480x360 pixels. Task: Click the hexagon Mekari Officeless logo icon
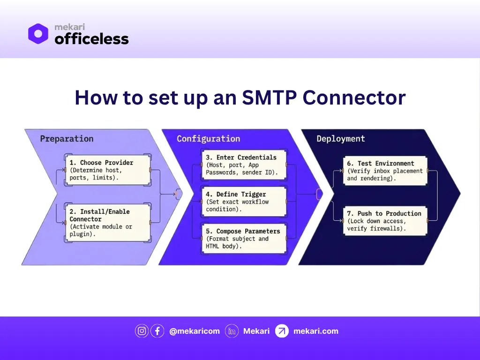(x=38, y=34)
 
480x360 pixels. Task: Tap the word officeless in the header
(x=91, y=39)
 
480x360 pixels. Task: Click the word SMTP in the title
(x=269, y=97)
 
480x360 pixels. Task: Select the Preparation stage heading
(x=67, y=139)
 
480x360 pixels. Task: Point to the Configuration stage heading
(x=208, y=139)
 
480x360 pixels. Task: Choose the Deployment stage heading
(x=340, y=139)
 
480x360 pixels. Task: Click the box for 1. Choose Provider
(x=107, y=170)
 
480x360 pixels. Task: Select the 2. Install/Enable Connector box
(x=107, y=223)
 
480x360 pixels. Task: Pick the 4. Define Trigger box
(x=244, y=202)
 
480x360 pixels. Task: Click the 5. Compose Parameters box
(x=244, y=239)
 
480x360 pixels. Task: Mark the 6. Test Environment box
(x=385, y=171)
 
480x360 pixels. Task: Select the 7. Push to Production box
(x=385, y=221)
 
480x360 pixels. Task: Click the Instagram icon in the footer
(x=142, y=331)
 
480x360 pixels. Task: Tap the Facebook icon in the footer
(x=157, y=331)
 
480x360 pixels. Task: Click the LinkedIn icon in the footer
(x=232, y=331)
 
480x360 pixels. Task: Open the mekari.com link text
(x=315, y=331)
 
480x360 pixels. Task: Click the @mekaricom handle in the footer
(x=194, y=331)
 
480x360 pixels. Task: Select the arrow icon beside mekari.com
(x=282, y=331)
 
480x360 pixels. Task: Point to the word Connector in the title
(x=354, y=97)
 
